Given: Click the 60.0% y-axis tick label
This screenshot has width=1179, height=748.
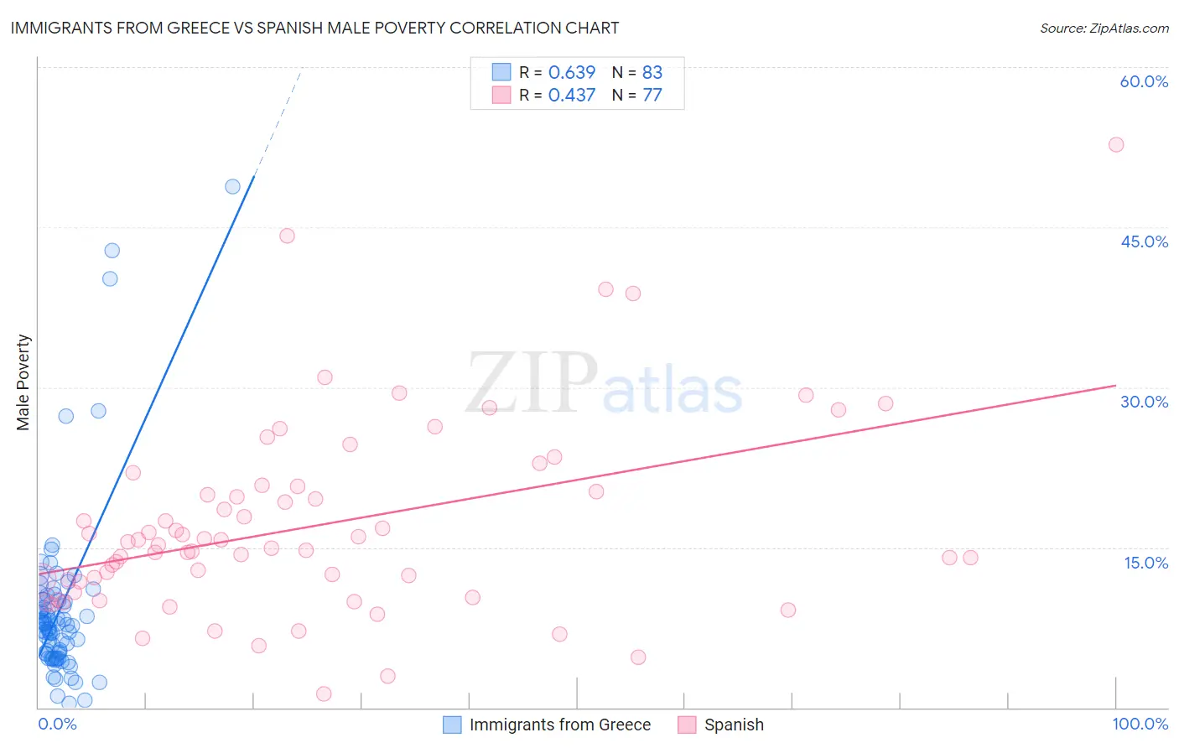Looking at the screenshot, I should [x=1144, y=81].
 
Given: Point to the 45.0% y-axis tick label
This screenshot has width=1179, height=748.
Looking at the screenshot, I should [x=1144, y=242].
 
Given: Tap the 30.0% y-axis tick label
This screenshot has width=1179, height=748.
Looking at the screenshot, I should [x=1144, y=402].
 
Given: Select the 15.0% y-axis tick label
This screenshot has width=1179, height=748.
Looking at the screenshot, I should [x=1145, y=563].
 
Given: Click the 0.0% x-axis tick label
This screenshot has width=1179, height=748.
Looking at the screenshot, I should [x=57, y=724].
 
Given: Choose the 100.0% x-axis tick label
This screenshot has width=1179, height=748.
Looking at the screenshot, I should [x=1140, y=724].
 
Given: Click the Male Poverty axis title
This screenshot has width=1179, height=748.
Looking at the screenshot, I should [x=23, y=382].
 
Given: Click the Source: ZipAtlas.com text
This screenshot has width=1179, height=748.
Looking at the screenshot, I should [x=1104, y=29].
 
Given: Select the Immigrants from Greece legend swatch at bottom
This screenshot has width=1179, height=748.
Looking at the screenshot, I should [x=452, y=725].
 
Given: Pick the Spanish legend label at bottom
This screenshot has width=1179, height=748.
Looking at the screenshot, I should [x=734, y=725].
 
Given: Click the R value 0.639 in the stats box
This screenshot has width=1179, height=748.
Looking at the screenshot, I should [x=571, y=72].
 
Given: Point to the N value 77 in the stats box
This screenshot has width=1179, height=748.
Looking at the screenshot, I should [x=652, y=95].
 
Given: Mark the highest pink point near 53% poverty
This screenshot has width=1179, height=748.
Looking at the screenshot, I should [x=1115, y=144].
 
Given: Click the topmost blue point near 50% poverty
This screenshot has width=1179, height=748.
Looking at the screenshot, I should [x=232, y=186].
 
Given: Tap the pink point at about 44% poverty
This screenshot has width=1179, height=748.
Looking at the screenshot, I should [x=287, y=236].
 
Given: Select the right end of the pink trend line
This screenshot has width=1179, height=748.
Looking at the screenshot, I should [x=1114, y=386].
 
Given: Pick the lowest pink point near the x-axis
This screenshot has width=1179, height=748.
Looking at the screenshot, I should [x=324, y=693].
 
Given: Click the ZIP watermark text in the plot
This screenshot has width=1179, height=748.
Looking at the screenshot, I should [x=532, y=383].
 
